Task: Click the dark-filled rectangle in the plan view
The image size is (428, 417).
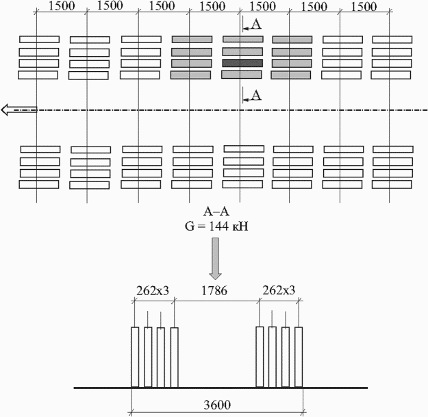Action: [242, 63]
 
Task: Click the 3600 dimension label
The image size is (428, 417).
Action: [217, 405]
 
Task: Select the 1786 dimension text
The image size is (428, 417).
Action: [214, 290]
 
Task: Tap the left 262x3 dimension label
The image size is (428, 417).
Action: [153, 290]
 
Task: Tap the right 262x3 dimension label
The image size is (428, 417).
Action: [279, 290]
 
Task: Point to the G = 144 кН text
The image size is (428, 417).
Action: [216, 226]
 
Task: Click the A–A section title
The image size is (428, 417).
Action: [216, 212]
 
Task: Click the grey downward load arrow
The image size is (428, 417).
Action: [215, 259]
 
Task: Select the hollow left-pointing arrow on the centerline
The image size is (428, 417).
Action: [19, 110]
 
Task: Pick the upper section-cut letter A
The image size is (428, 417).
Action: [256, 24]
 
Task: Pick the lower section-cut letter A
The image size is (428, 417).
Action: [256, 95]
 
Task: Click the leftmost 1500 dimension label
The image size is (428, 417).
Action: [62, 7]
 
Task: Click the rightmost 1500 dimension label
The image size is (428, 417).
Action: [364, 7]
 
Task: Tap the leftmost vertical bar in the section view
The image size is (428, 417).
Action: [135, 357]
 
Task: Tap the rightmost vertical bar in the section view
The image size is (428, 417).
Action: [299, 357]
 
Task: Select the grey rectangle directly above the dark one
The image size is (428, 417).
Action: [242, 52]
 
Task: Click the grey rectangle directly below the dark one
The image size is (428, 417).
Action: [242, 75]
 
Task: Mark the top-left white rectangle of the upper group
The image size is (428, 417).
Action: [39, 39]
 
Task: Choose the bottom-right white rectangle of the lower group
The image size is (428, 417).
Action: [392, 184]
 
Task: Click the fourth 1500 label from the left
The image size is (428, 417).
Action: [212, 7]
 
